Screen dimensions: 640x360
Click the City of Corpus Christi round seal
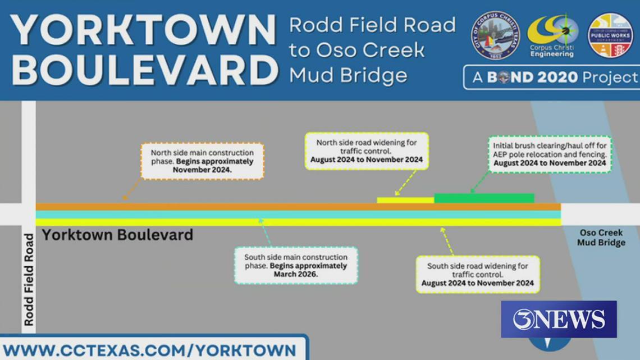(x=495, y=35)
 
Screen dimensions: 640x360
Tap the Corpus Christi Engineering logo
(x=553, y=35)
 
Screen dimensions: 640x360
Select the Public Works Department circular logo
(x=610, y=35)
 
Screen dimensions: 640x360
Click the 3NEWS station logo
(x=559, y=319)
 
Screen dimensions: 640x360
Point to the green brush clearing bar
(x=484, y=198)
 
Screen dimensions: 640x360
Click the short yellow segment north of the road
(x=405, y=200)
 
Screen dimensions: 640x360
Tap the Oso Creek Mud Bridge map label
(x=601, y=238)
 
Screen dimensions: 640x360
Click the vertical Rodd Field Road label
(x=29, y=280)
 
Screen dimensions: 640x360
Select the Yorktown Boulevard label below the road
(x=117, y=235)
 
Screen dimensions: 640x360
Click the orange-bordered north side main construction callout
(x=202, y=161)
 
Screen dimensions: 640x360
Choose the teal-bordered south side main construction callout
(x=296, y=265)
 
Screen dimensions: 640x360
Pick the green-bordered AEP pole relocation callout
(x=550, y=154)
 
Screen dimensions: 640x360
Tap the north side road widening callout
(x=367, y=151)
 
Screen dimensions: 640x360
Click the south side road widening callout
(x=478, y=274)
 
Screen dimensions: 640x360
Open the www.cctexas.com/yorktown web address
(x=150, y=350)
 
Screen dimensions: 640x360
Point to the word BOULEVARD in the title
(x=145, y=70)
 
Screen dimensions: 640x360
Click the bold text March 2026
(x=296, y=274)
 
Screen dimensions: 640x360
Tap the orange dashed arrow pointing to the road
(x=131, y=189)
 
